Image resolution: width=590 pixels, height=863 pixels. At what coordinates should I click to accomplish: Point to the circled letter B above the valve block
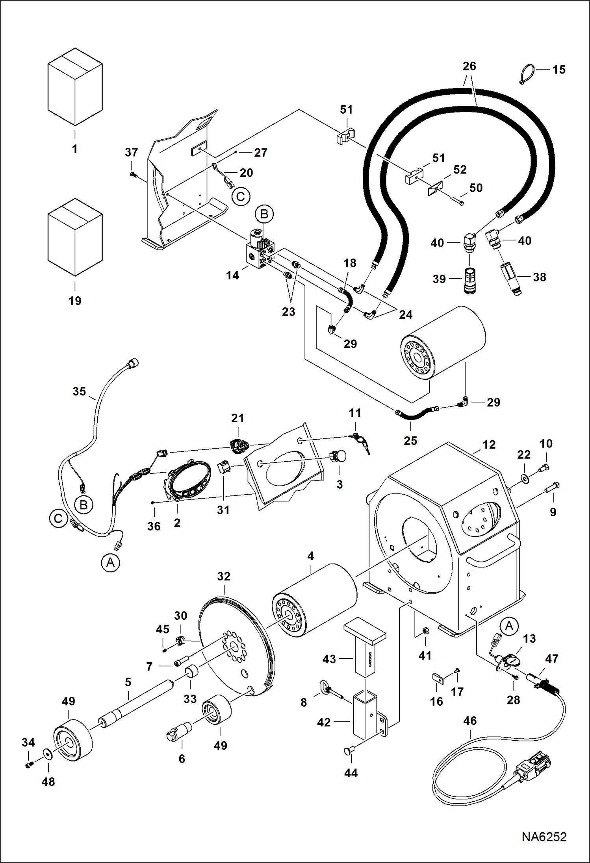click(x=264, y=214)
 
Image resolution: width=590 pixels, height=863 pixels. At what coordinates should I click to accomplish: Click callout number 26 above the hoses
click(x=469, y=66)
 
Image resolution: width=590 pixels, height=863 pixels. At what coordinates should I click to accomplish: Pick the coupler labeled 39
click(x=470, y=280)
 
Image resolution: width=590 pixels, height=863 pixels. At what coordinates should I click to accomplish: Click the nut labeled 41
click(x=425, y=631)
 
